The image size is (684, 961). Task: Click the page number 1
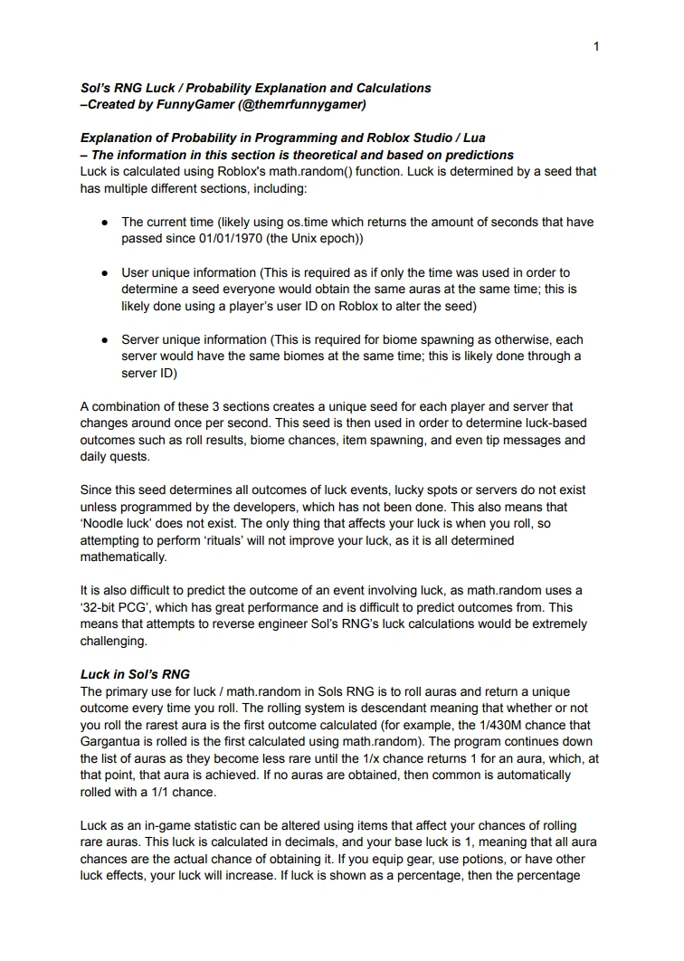pos(596,46)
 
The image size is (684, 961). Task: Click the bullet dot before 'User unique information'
pos(105,272)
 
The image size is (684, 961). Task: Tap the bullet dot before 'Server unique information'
pos(105,339)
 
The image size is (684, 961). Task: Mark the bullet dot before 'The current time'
pos(105,222)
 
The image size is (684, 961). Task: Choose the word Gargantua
pos(111,741)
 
